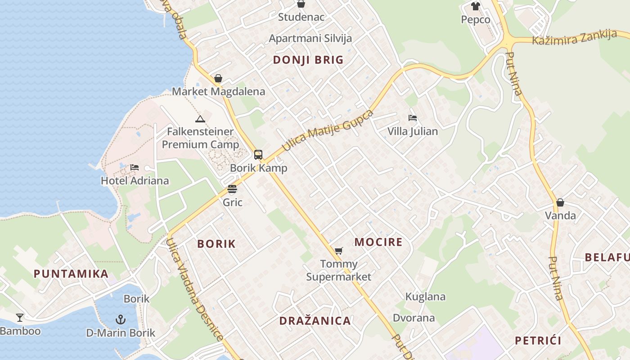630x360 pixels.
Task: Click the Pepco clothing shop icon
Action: point(476,6)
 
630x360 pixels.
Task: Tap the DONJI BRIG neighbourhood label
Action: point(308,60)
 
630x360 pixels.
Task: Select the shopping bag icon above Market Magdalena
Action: point(218,78)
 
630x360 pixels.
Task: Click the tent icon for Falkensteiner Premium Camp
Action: point(200,119)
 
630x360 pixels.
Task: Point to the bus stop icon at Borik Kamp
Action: point(258,155)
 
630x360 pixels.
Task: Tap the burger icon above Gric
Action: point(232,189)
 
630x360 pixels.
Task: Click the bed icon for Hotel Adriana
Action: point(135,167)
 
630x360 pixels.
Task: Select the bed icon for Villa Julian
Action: point(413,118)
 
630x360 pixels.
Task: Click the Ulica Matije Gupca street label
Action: point(328,130)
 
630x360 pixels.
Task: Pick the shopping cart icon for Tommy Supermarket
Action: point(339,251)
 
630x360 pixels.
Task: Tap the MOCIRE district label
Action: point(378,242)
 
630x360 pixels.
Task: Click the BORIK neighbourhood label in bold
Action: point(216,244)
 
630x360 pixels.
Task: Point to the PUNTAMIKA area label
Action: point(71,274)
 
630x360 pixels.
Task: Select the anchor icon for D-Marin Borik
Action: point(120,319)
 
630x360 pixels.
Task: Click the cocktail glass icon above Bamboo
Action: point(20,318)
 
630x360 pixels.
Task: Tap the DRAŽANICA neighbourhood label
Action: point(315,321)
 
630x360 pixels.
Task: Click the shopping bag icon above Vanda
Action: point(560,202)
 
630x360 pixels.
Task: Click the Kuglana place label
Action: point(425,297)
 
